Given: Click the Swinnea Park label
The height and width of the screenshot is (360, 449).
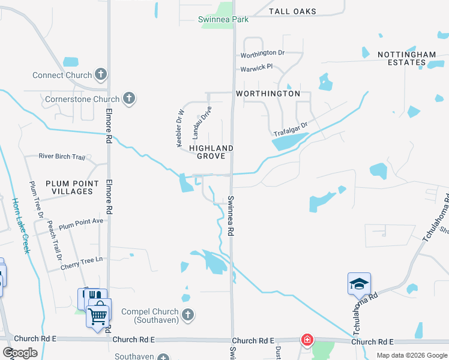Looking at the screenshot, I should pyautogui.click(x=223, y=20).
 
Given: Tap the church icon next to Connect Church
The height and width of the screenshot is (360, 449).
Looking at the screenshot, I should pyautogui.click(x=101, y=75).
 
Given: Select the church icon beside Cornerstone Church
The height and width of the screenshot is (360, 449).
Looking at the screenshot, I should pyautogui.click(x=128, y=99).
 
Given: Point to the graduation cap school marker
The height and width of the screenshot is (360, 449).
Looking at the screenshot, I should pyautogui.click(x=359, y=283).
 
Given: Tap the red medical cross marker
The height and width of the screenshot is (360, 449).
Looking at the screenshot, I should pyautogui.click(x=307, y=340).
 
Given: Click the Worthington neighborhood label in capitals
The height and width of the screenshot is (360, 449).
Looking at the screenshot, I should pyautogui.click(x=268, y=94).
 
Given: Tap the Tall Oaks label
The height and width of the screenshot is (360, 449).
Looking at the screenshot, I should pyautogui.click(x=292, y=11).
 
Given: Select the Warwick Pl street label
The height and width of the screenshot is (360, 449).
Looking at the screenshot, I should pyautogui.click(x=256, y=68).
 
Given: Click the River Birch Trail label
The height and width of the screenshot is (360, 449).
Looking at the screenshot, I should pyautogui.click(x=62, y=156).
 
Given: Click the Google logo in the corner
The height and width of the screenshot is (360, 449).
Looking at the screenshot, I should pyautogui.click(x=20, y=352).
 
